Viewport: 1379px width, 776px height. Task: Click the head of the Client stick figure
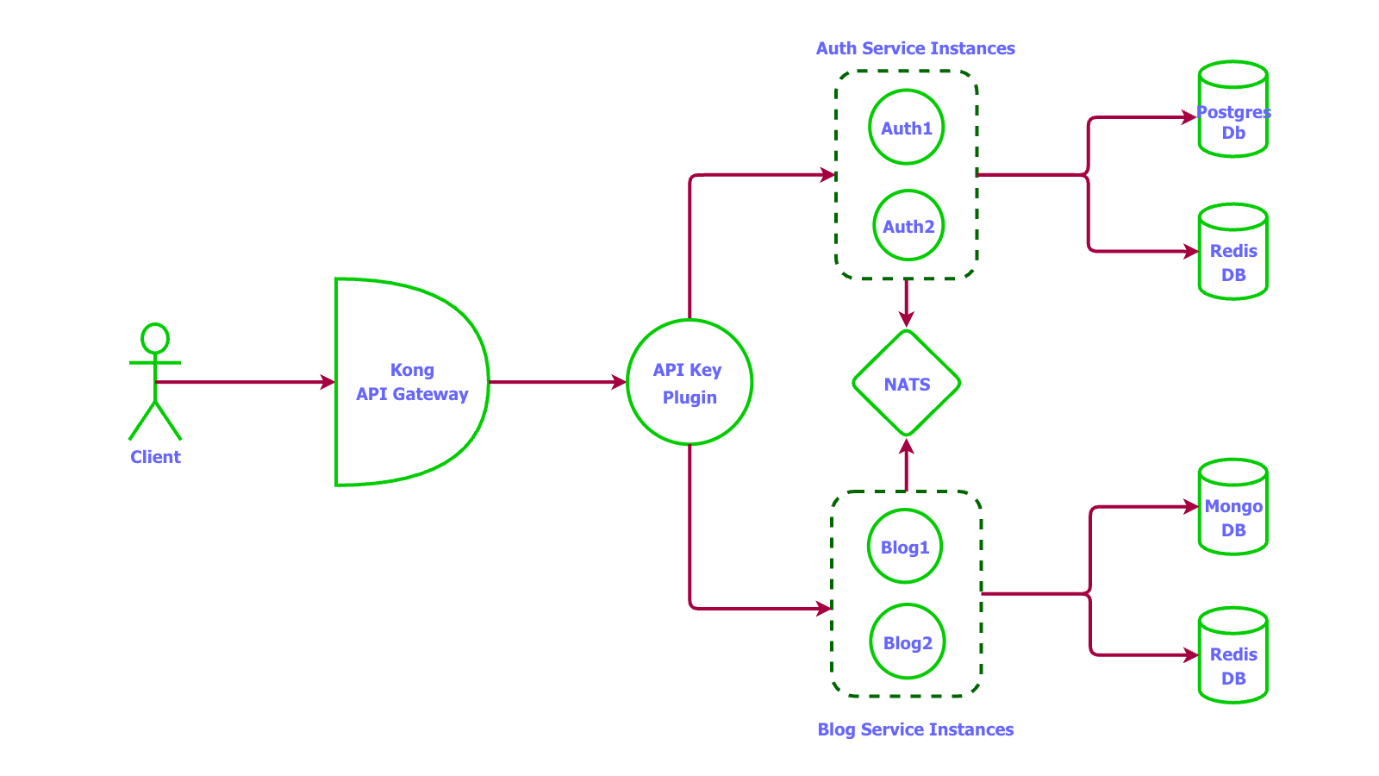155,339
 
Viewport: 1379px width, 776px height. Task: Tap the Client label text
155,457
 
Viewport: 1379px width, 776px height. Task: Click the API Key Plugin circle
689,383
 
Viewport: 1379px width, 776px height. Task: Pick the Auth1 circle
906,128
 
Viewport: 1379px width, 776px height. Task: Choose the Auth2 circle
908,226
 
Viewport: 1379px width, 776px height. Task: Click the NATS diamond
907,384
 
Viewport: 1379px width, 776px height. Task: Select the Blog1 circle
905,547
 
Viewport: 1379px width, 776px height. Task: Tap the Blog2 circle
908,642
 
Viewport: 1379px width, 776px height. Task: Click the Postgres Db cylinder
1232,110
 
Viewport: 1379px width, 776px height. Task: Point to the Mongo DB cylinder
1232,509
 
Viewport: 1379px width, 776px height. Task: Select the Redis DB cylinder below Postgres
1232,253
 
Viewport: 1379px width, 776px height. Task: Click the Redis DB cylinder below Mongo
1232,657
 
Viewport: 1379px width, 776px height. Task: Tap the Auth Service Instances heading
915,48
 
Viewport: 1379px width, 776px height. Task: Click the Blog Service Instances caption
915,729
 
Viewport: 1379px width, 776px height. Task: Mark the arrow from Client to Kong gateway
246,382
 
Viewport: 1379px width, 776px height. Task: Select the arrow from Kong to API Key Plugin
556,382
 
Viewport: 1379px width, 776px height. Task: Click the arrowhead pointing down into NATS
906,319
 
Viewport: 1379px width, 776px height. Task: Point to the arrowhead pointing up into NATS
906,447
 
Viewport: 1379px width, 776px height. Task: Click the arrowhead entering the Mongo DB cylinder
1189,507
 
